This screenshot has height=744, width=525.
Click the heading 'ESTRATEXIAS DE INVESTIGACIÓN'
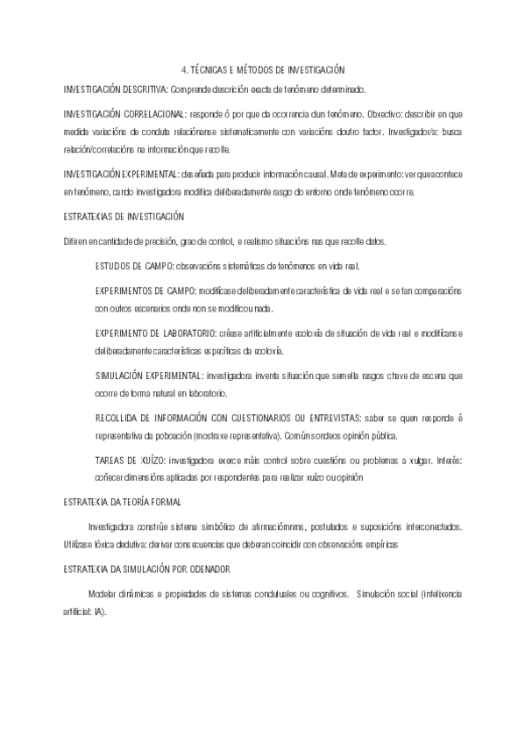coord(124,216)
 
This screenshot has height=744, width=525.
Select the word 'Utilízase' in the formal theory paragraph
coord(80,544)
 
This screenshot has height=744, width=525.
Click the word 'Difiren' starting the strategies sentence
coord(76,240)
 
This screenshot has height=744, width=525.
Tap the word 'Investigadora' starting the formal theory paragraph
coord(111,526)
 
